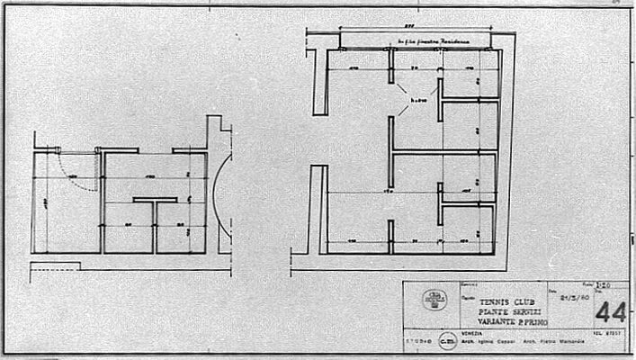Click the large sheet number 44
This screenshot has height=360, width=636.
(610, 314)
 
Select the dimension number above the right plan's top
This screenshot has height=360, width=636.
(332, 31)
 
